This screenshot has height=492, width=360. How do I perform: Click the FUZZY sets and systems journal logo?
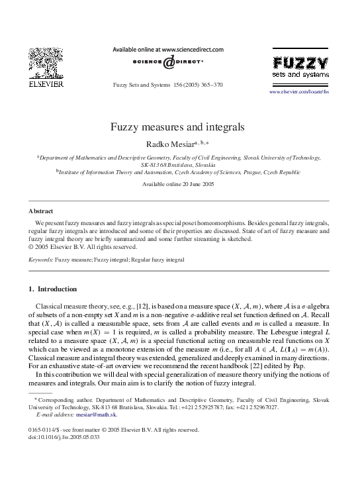300,68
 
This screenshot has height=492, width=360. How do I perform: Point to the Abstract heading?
40,211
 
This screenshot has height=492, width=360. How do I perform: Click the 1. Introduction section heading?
53,289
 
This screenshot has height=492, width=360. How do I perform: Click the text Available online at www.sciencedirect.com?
168,49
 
